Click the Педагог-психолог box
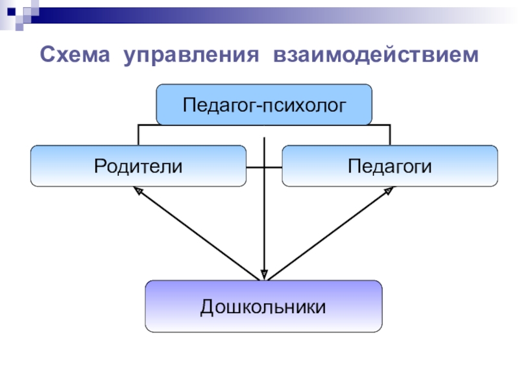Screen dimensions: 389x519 pos(264,104)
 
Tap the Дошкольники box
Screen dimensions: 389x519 pos(263,305)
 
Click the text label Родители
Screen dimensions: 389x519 pos(138,166)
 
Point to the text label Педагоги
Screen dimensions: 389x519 pos(390,166)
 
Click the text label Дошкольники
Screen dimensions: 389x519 pos(263,305)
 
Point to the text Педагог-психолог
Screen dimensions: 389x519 pos(264,104)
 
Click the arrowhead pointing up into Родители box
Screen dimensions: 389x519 pos(137,191)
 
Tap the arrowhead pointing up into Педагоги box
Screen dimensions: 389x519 pos(389,191)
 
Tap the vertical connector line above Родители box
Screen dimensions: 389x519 pos(138,135)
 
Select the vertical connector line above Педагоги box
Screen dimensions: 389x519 pos(390,135)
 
